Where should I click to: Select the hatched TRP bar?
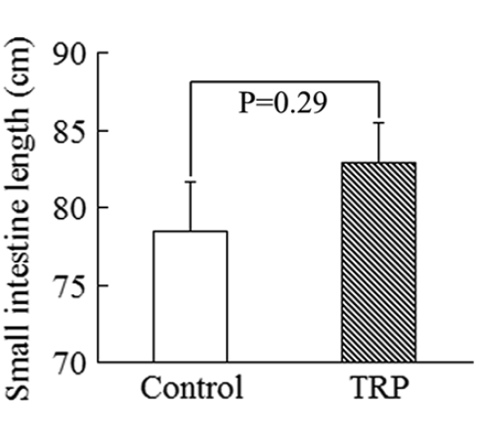point(378,262)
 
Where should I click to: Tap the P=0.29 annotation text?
point(283,103)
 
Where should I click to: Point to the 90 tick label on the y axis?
point(70,53)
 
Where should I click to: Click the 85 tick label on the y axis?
point(70,130)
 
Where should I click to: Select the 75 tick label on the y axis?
point(70,285)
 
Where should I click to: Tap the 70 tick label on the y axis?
point(70,363)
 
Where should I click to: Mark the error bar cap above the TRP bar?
point(378,123)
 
